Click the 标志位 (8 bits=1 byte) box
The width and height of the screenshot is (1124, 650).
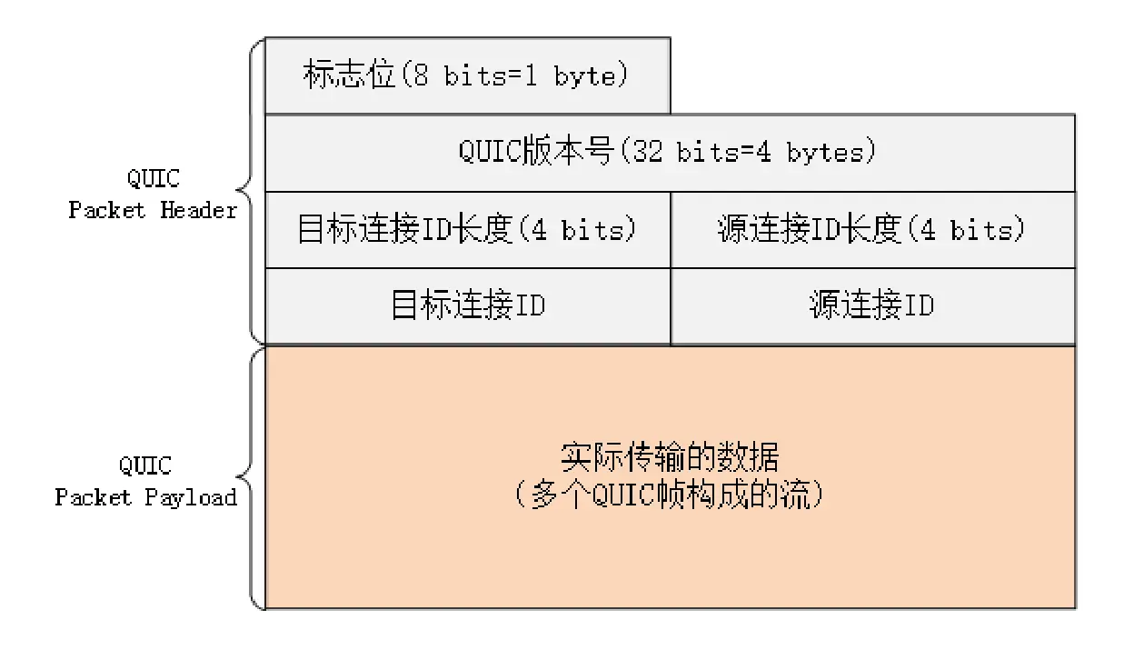coord(467,75)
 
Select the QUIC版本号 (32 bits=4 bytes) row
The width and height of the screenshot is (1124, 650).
coord(669,152)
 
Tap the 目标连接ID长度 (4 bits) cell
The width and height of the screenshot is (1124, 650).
coord(467,229)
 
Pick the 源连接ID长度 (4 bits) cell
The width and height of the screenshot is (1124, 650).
coord(872,229)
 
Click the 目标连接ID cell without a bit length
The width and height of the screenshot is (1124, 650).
coord(467,305)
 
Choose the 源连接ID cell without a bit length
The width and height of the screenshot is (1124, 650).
coord(872,305)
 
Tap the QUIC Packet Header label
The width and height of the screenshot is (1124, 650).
coord(152,194)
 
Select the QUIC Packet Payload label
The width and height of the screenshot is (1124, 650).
coord(145,482)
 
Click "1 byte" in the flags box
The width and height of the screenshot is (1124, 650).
coord(585,76)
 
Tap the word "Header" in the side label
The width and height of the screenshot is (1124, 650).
coord(199,211)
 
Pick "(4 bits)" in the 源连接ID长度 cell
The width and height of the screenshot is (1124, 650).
coord(978,230)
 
